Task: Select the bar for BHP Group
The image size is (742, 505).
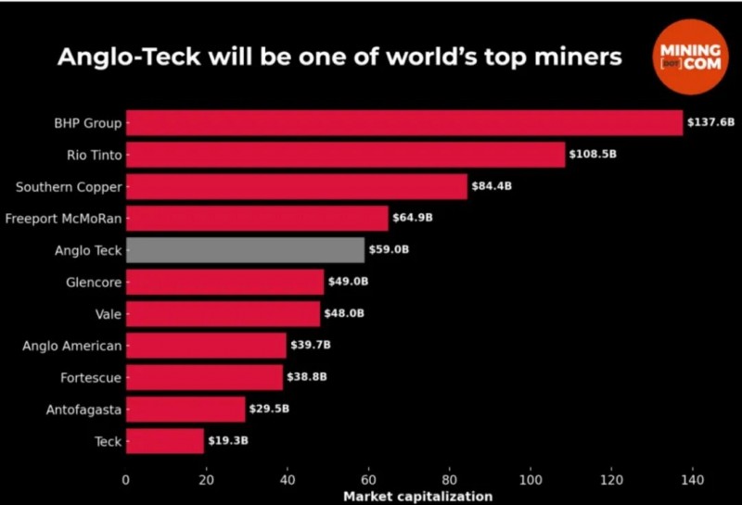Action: [x=403, y=122]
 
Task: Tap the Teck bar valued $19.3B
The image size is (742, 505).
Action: [x=164, y=441]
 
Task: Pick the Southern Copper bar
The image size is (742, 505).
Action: [x=296, y=186]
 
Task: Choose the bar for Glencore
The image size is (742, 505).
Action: [x=224, y=282]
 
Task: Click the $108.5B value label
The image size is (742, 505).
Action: [x=593, y=155]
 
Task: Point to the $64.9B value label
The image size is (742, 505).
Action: [x=413, y=219]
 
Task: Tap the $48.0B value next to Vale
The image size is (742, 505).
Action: [x=344, y=314]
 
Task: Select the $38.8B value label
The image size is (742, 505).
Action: [x=307, y=377]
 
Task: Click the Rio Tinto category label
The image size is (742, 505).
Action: [x=94, y=155]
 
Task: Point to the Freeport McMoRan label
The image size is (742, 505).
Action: [x=63, y=219]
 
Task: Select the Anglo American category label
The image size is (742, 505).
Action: [x=71, y=346]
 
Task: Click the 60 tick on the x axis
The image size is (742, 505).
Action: [x=368, y=480]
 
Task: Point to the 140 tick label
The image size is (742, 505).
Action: [x=692, y=480]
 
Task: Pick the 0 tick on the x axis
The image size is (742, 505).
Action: [x=126, y=480]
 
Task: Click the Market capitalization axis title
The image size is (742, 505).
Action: [x=418, y=497]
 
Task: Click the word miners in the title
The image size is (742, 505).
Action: [x=575, y=57]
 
